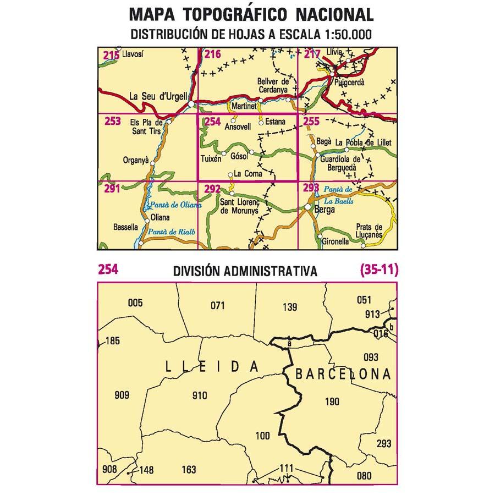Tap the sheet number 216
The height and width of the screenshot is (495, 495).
coord(212,54)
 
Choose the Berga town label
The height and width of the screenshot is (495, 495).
coord(324,210)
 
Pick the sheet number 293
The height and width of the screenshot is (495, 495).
coord(311,189)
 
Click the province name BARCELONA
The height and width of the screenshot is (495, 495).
coord(343,375)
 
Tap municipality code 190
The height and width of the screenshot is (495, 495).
coord(332,402)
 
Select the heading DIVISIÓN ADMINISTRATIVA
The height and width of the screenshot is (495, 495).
coord(245,271)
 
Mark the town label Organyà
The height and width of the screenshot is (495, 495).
coord(137,161)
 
